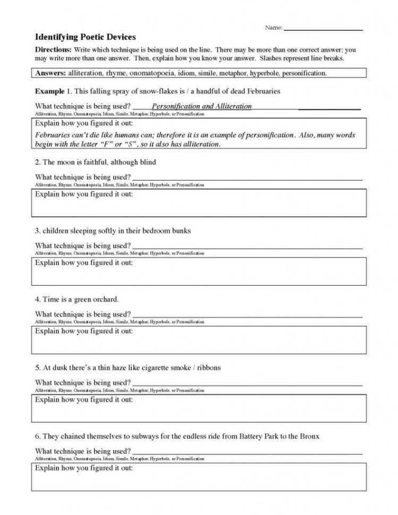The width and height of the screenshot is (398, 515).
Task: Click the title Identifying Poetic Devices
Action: [x=85, y=37]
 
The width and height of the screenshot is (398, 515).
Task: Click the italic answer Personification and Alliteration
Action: [x=201, y=106]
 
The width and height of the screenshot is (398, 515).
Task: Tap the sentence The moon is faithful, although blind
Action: [x=96, y=162]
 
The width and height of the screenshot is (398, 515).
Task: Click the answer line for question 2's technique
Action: [x=247, y=178]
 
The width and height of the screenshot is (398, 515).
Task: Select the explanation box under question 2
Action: [x=198, y=203]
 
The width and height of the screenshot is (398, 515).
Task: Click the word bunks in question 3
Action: [x=181, y=231]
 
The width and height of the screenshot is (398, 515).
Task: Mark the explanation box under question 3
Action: [x=198, y=271]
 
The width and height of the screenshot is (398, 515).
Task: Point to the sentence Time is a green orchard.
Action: [x=77, y=299]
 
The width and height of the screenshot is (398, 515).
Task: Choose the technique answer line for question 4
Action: [x=247, y=315]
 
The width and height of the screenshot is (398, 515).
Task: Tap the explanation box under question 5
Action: [x=198, y=408]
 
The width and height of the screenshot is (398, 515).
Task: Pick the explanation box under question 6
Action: [x=198, y=477]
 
